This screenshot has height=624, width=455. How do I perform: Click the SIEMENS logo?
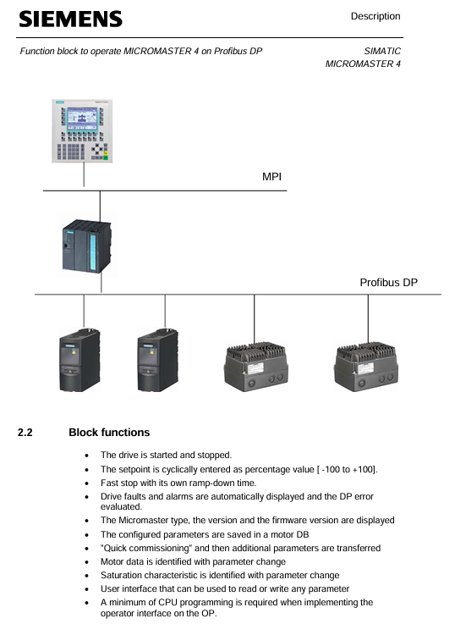tap(71, 19)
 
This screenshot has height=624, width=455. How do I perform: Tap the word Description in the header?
tap(376, 16)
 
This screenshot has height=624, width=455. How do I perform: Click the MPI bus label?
tap(271, 177)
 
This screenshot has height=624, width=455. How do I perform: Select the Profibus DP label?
tap(389, 283)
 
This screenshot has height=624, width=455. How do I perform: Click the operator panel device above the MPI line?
tap(82, 131)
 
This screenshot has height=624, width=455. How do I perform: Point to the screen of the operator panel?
tap(82, 119)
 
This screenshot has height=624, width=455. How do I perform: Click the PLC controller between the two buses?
tap(86, 246)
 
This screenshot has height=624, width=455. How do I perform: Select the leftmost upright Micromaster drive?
tap(79, 360)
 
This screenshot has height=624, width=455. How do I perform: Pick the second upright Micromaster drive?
tap(158, 360)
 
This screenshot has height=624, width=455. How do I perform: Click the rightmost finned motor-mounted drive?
tap(366, 367)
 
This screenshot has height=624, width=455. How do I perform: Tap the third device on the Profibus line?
tap(256, 367)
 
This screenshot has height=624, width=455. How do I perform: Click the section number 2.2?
tap(25, 433)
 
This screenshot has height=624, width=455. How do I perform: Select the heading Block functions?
tap(109, 433)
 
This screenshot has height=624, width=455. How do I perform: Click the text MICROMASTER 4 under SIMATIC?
tap(363, 64)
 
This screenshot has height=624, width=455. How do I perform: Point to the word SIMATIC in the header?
tap(382, 52)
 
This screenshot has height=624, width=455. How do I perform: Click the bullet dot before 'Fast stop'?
tap(86, 484)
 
